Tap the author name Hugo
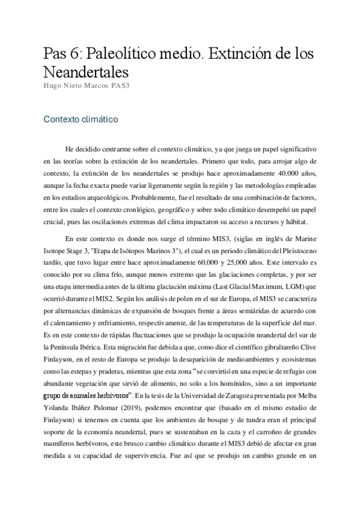[x=53, y=85]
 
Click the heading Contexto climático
[x=80, y=119]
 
